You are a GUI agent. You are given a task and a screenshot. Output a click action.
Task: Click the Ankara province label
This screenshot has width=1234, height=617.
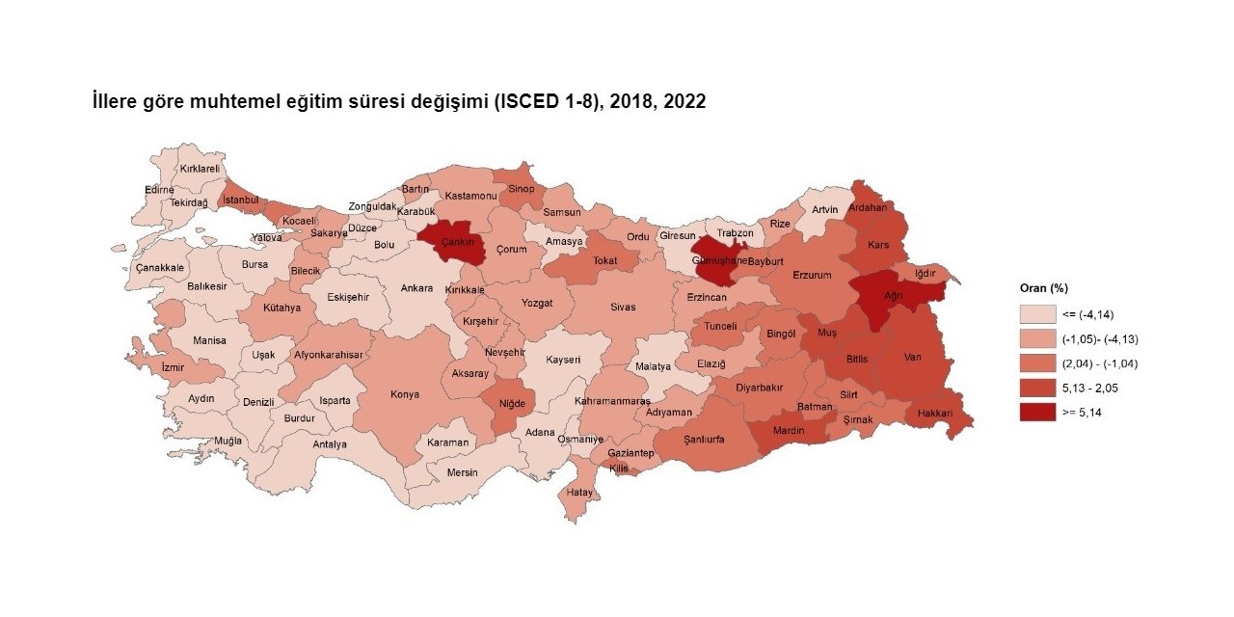416,288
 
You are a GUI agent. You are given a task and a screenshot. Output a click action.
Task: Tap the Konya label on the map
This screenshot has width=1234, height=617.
404,394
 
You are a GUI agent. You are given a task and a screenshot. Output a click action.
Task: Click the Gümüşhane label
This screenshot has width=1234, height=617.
721,260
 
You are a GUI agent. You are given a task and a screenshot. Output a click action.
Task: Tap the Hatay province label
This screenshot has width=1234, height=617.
579,492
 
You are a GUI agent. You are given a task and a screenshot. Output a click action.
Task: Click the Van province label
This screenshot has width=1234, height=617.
913,358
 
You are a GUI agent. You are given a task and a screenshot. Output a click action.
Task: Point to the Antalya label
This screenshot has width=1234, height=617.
330,444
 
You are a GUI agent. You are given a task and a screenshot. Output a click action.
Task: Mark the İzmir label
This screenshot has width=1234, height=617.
174,367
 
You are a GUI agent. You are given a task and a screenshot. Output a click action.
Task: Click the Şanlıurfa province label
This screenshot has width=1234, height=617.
703,439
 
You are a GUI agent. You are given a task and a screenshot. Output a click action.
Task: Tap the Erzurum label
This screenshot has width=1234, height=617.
812,276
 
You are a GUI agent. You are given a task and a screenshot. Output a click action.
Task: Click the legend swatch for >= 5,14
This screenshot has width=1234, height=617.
1036,412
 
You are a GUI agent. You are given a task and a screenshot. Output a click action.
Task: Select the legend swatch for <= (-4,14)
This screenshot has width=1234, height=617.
1036,314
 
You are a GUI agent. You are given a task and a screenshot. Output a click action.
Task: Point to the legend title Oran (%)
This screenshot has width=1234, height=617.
1044,288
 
